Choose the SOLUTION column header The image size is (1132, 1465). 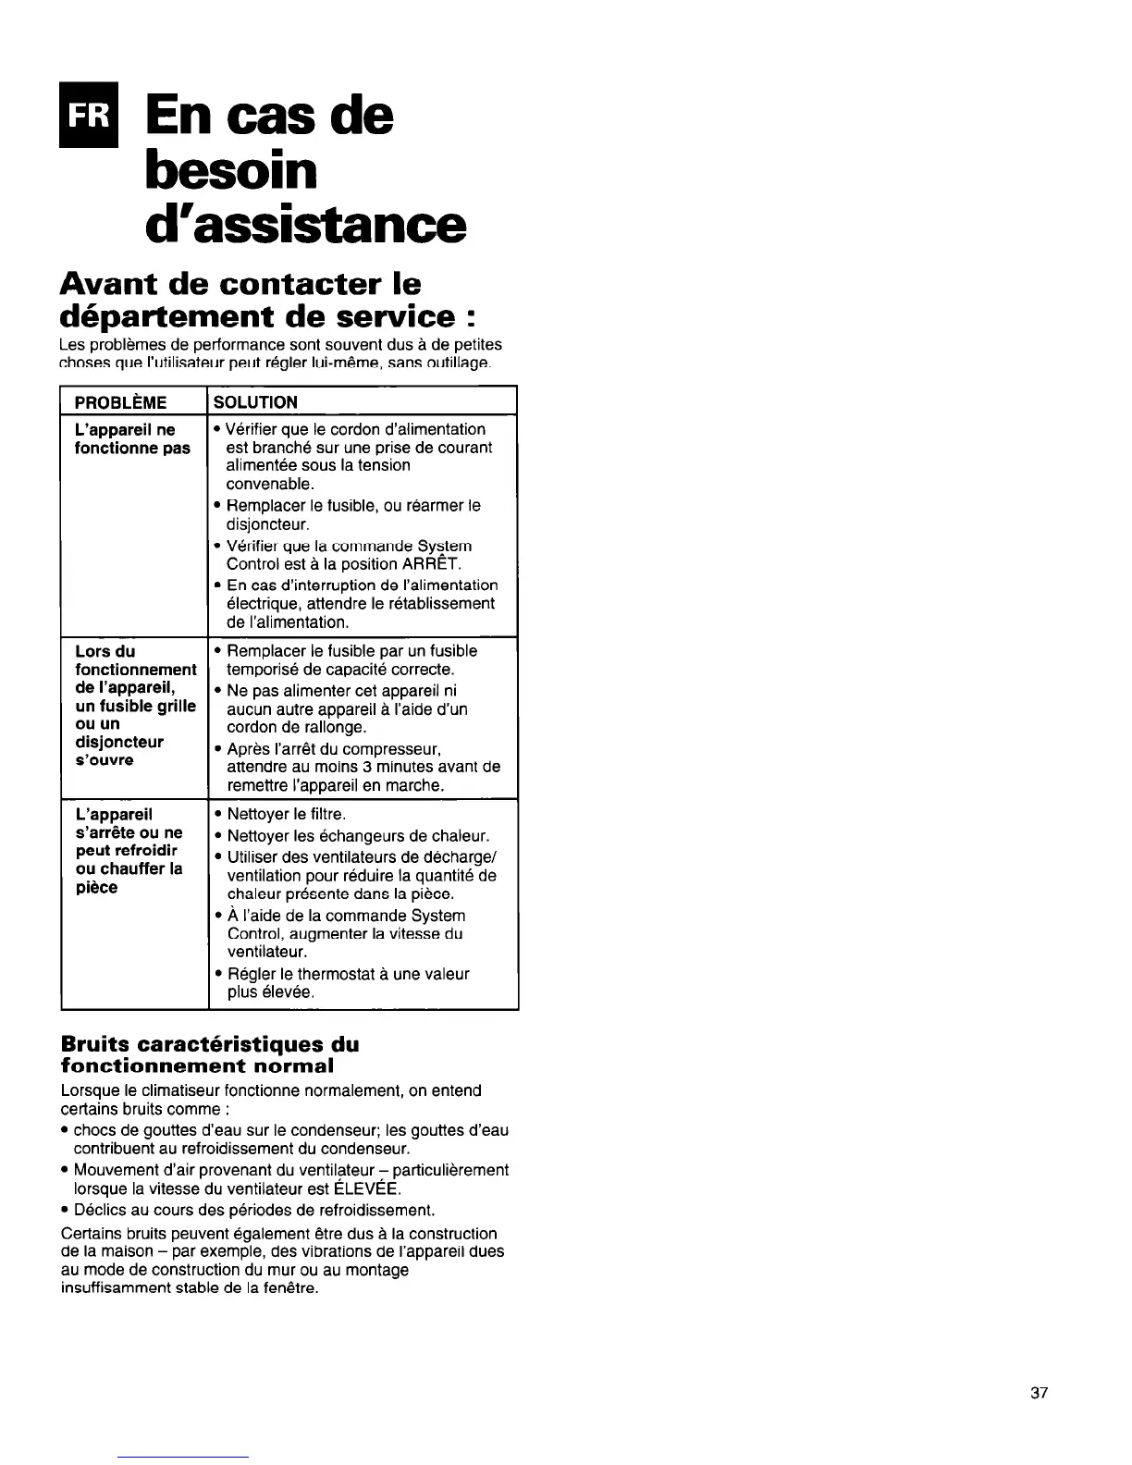coord(255,402)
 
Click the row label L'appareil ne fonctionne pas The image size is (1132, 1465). coord(132,438)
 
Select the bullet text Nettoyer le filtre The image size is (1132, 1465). coord(286,814)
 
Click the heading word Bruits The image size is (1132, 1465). coord(92,1044)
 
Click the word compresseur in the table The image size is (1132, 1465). coord(396,748)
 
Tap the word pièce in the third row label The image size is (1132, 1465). coord(96,888)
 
